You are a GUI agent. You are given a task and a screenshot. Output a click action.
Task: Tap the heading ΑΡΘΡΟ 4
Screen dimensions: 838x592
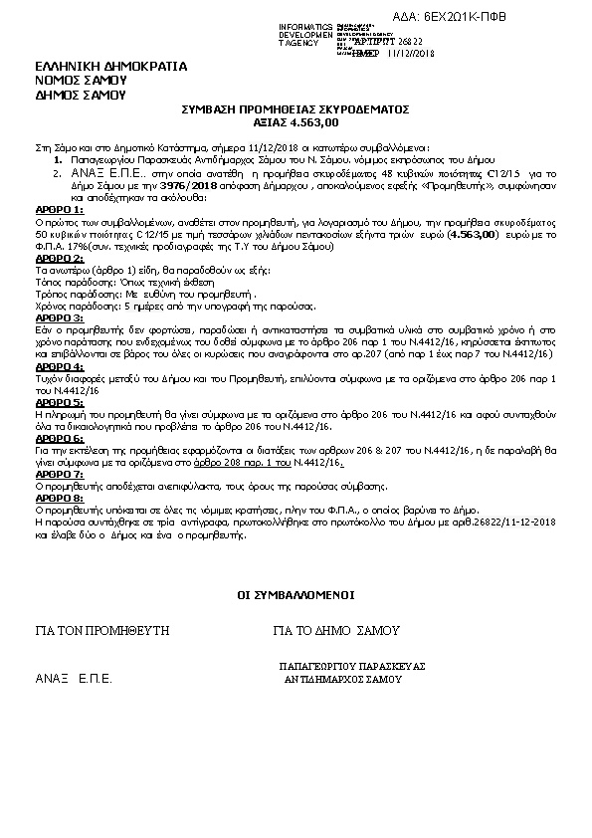click(59, 367)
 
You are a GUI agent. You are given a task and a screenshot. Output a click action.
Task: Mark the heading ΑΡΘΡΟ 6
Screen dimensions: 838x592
click(59, 437)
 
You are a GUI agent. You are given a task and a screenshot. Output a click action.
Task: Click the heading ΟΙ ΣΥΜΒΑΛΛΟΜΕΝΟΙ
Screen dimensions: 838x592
click(296, 595)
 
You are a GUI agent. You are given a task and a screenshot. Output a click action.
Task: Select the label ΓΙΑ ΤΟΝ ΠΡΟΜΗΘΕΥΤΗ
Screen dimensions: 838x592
click(102, 631)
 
